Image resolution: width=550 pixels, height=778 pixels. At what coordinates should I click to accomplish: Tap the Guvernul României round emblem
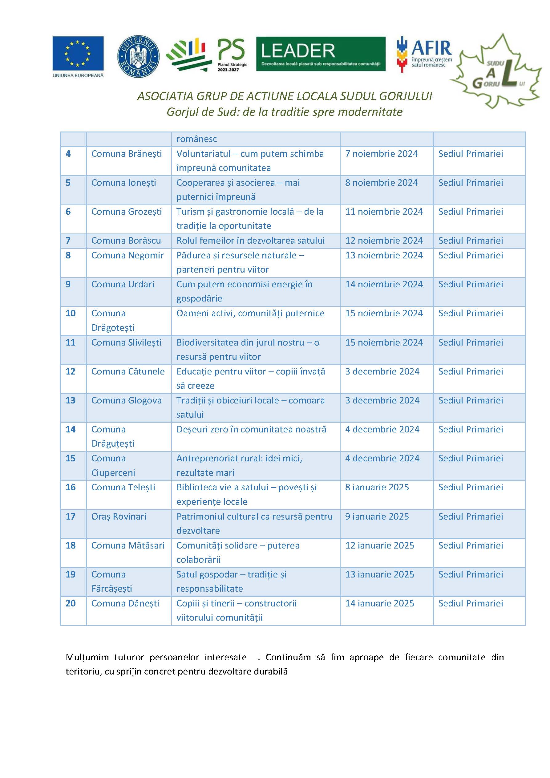[x=138, y=56]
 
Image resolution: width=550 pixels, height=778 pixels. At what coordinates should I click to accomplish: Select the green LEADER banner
[x=321, y=54]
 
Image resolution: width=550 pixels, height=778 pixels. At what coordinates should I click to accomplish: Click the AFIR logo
[x=424, y=54]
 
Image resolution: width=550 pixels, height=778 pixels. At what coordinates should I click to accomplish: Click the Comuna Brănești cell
[x=126, y=154]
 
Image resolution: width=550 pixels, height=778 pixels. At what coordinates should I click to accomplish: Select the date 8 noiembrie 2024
[x=381, y=183]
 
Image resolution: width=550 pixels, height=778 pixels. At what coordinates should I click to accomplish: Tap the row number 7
[x=68, y=241]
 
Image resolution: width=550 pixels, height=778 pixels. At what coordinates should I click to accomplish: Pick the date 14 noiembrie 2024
[x=384, y=284]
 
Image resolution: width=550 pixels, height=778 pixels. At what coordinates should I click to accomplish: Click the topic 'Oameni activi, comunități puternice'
[x=250, y=314]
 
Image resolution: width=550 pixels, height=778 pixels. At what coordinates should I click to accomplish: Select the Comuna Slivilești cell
[x=126, y=342]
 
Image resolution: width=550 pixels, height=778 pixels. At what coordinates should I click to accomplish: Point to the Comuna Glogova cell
[x=126, y=400]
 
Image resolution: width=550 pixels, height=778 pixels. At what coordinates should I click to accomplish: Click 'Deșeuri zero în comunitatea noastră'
[x=251, y=429]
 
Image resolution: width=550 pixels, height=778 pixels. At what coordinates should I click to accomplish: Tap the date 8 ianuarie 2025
[x=377, y=487]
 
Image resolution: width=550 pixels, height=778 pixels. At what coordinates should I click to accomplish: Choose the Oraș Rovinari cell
[x=119, y=517]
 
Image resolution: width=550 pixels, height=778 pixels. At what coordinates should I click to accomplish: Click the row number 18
[x=71, y=545]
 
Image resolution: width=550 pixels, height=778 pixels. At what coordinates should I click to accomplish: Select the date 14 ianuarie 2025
[x=379, y=603]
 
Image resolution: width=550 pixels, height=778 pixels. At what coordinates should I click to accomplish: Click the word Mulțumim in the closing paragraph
[x=87, y=657]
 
